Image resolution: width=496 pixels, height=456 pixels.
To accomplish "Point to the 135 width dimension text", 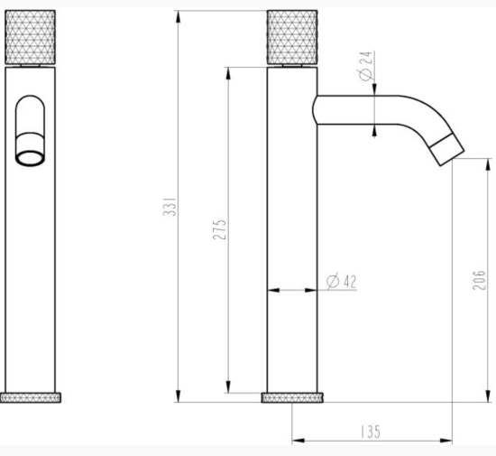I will tap(370, 433).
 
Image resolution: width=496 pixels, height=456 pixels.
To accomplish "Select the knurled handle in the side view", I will tap(292, 37).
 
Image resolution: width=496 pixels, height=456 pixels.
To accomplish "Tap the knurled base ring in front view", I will tap(31, 397).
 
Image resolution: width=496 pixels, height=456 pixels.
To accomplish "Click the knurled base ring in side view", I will tap(292, 397).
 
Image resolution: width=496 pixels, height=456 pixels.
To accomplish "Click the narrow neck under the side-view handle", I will tap(292, 65).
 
